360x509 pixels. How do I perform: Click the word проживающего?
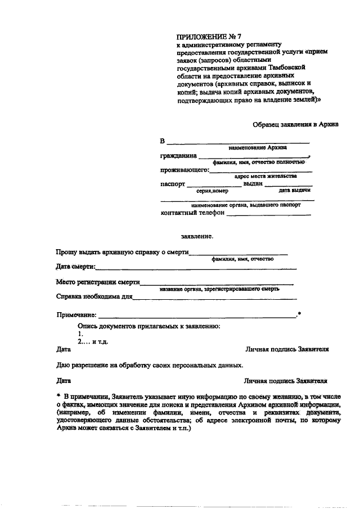pyautogui.click(x=184, y=170)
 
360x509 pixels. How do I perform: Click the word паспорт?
pyautogui.click(x=173, y=184)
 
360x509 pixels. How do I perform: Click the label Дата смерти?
pyautogui.click(x=76, y=266)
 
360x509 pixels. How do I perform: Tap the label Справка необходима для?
pyautogui.click(x=94, y=296)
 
